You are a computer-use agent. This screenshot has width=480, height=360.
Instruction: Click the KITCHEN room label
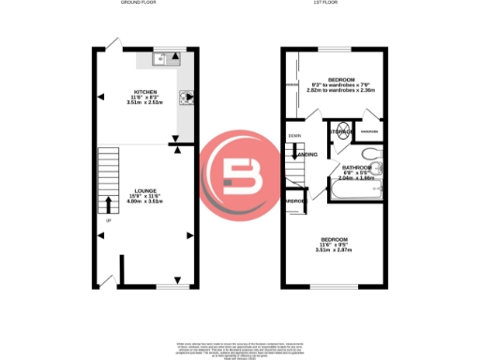click(145, 91)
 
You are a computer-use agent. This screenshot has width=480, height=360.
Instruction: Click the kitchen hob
click(186, 94)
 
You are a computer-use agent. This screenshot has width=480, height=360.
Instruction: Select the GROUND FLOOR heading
click(139, 4)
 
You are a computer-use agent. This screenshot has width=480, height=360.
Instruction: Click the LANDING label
click(307, 155)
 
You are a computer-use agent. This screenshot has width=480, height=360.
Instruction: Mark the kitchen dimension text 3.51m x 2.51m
click(145, 103)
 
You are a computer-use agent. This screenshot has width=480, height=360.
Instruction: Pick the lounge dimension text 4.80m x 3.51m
click(145, 201)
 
